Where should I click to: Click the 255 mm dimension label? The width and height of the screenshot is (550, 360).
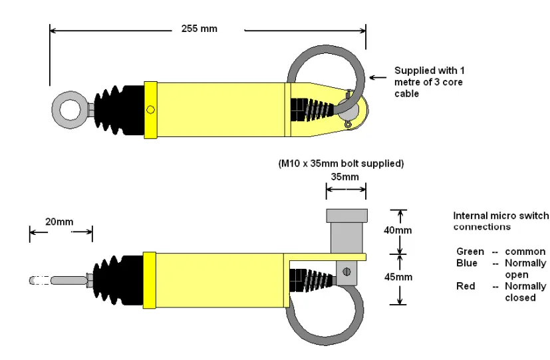(199, 29)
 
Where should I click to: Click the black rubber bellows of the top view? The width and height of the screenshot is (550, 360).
(120, 109)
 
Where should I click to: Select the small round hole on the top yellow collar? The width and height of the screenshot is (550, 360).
(150, 110)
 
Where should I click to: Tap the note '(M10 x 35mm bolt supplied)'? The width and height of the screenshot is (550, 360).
(341, 163)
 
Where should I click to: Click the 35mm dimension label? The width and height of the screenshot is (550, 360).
(344, 177)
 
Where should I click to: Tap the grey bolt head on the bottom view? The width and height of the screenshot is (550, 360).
(346, 216)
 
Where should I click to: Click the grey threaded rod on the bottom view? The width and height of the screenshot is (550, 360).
(64, 280)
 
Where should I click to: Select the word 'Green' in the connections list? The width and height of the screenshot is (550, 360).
(470, 252)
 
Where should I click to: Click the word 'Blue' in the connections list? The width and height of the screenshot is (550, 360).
(467, 263)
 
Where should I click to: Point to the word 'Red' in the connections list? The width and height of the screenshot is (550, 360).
(465, 286)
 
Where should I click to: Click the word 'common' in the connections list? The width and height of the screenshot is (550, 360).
(525, 252)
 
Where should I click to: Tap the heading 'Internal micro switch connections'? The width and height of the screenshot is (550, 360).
(501, 221)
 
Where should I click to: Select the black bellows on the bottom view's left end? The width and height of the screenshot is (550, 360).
(117, 280)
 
